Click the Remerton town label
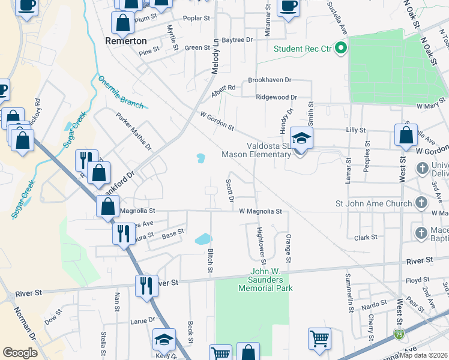pos(125,41)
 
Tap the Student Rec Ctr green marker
pos(341,48)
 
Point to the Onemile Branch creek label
pos(121,92)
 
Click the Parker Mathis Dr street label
pos(134,132)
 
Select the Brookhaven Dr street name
pos(270,80)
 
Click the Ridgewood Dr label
pos(276,97)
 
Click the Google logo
pos(20,352)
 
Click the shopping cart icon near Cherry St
pos(319,338)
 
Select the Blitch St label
pos(210,260)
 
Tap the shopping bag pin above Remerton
pos(122,23)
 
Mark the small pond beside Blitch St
pos(203,239)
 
